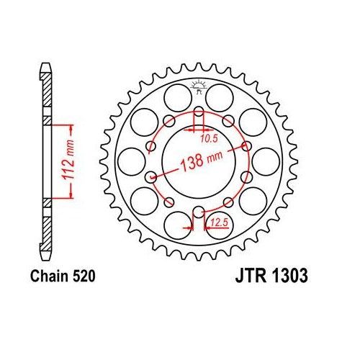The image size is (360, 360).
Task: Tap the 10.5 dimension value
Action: pyautogui.click(x=206, y=135)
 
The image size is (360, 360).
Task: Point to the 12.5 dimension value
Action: pyautogui.click(x=215, y=224)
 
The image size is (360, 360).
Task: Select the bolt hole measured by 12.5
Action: pyautogui.click(x=197, y=212)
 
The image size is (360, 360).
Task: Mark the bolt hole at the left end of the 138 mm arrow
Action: pyautogui.click(x=150, y=176)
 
